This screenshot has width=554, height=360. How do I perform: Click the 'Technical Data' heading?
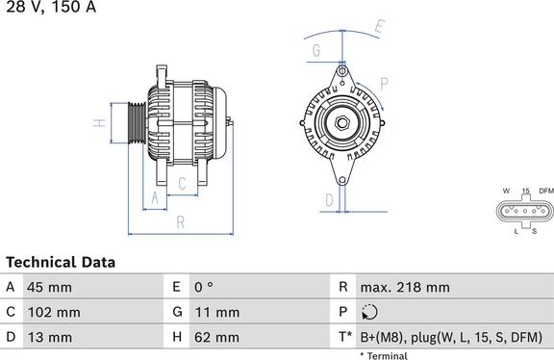tap(61, 262)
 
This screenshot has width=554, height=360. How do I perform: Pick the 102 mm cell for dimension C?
tap(55, 312)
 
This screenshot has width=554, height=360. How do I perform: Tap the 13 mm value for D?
tap(51, 337)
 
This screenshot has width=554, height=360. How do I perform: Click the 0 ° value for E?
tap(204, 287)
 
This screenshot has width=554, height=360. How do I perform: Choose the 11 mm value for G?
tap(216, 312)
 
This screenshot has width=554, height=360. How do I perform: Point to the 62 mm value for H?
tap(216, 337)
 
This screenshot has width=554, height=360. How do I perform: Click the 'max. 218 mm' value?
tap(404, 287)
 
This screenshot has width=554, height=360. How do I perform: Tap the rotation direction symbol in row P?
tap(371, 312)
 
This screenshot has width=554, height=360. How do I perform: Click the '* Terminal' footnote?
tap(385, 355)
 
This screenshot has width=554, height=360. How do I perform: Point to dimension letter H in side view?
tap(98, 123)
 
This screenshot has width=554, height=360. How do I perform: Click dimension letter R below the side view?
tap(181, 222)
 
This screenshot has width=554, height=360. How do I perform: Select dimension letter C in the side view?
tap(182, 183)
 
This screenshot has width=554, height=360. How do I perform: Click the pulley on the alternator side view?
tap(136, 122)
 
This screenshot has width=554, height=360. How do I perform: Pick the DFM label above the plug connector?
tap(545, 191)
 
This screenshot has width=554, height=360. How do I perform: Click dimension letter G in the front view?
tap(315, 51)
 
